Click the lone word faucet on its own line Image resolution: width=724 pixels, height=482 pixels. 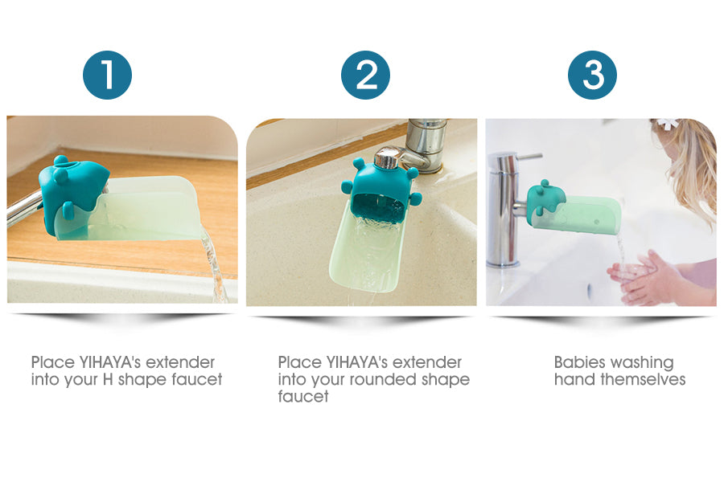303,397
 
